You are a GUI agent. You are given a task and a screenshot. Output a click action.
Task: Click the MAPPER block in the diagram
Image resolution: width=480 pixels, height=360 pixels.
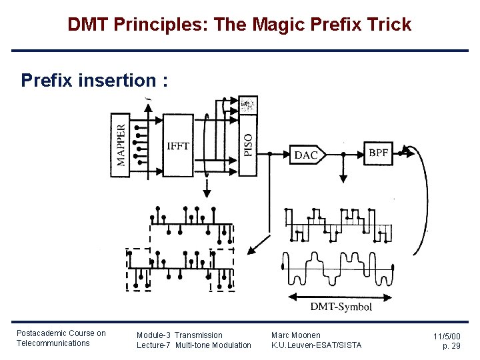tap(120, 145)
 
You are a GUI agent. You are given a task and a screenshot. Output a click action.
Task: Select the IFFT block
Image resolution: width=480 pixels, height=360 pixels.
tap(178, 145)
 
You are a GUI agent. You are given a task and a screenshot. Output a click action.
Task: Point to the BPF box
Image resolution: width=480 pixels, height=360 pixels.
tap(378, 153)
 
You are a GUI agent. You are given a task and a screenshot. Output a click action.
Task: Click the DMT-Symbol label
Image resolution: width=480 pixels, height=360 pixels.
tap(341, 307)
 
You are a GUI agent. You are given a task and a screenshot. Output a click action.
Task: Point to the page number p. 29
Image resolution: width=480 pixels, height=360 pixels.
tap(451, 345)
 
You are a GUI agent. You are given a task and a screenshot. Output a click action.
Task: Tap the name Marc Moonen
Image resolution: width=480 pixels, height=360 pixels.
tap(295, 335)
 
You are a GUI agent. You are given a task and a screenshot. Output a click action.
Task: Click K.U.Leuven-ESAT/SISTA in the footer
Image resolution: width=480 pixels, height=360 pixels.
tap(316, 345)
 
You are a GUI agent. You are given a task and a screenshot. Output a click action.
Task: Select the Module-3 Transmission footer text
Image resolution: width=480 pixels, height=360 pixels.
tap(179, 335)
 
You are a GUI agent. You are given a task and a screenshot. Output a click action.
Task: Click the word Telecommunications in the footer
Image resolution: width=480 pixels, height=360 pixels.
tap(53, 343)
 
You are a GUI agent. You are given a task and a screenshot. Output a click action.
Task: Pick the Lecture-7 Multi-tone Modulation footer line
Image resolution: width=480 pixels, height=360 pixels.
tap(193, 345)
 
